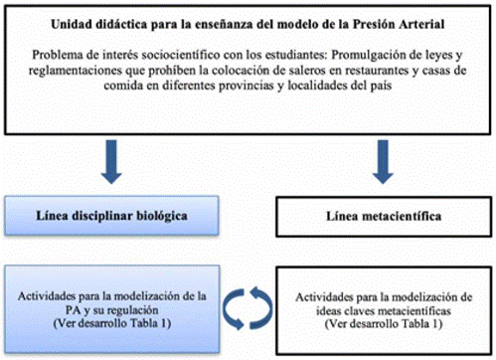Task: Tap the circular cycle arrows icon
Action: coord(248,301)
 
